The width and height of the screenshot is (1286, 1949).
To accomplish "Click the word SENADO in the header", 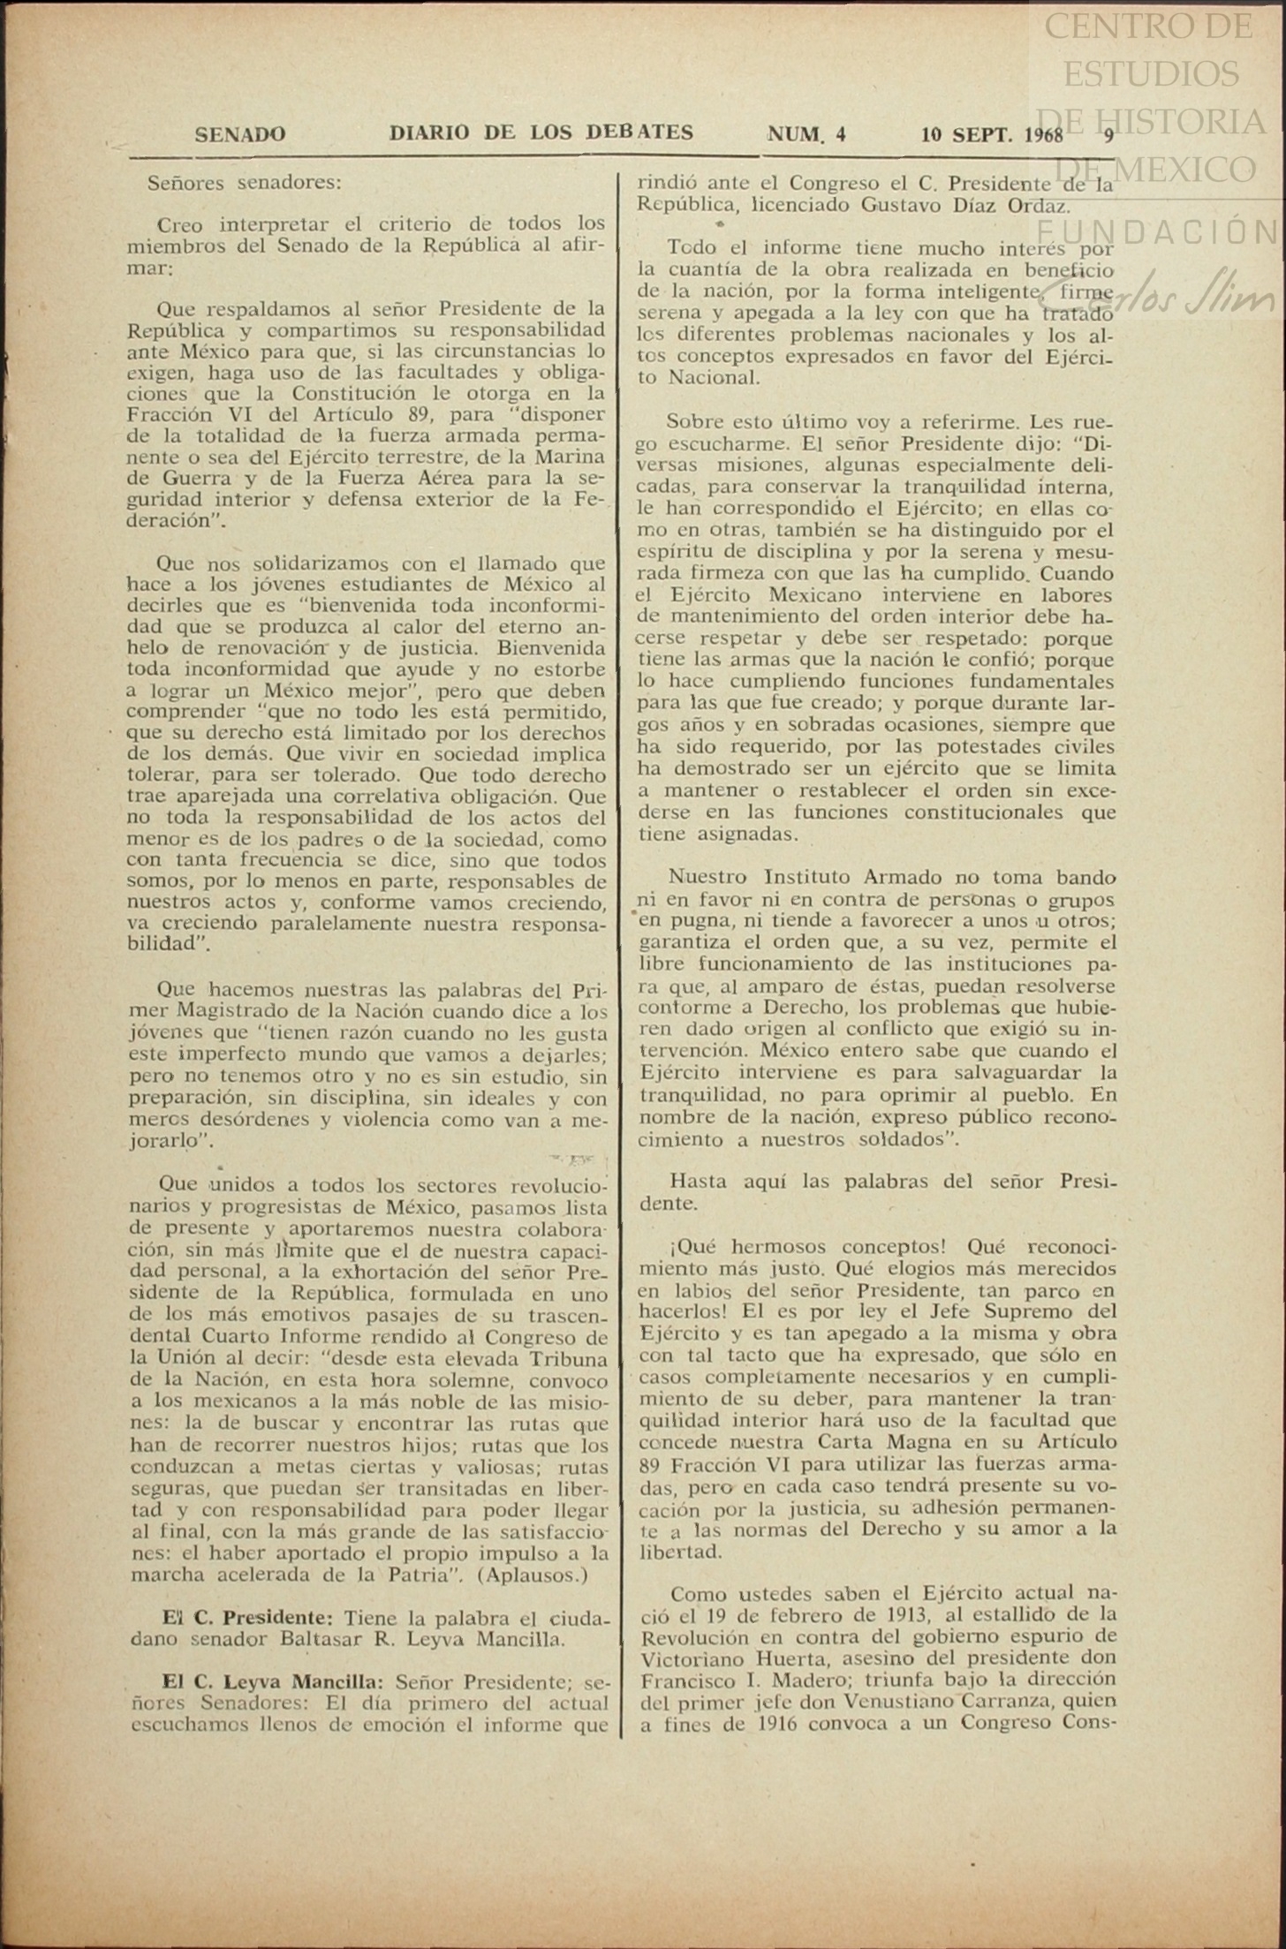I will point(239,134).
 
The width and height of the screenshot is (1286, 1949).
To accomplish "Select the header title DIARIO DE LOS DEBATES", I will point(541,132).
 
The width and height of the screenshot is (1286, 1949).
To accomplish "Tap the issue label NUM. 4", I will point(806,134).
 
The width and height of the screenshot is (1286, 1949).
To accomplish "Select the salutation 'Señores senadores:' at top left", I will point(244,184).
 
